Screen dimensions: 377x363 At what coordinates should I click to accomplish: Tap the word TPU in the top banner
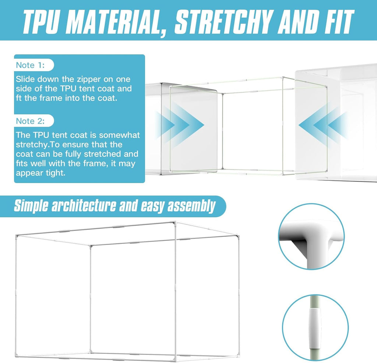(40, 22)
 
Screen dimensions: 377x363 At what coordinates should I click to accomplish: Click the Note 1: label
(30, 65)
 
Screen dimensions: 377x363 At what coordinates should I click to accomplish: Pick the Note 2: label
(30, 121)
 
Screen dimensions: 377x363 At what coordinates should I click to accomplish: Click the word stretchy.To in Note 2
(36, 145)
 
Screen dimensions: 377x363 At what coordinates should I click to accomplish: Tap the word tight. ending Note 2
(57, 173)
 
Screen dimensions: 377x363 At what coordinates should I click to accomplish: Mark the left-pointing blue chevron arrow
(322, 125)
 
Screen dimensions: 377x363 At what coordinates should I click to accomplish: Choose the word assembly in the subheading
(191, 207)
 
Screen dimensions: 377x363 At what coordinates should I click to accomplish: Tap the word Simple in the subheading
(31, 207)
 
